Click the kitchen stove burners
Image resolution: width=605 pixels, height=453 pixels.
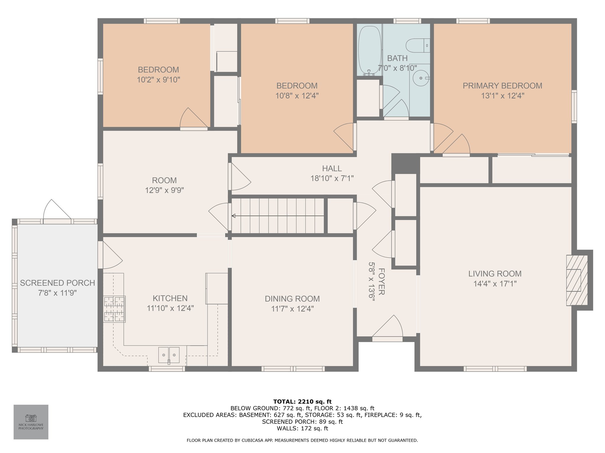click(x=114, y=309)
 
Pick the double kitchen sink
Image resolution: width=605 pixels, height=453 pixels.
click(x=169, y=355)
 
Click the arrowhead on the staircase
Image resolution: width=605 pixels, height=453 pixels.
click(x=233, y=216)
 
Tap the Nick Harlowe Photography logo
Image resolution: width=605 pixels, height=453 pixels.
click(x=31, y=422)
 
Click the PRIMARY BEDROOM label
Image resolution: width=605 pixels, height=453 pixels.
click(x=502, y=86)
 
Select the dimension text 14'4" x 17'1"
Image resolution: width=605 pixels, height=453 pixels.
click(x=495, y=284)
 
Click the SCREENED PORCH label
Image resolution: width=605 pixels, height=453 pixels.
click(x=58, y=283)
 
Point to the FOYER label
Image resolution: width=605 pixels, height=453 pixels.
click(x=381, y=281)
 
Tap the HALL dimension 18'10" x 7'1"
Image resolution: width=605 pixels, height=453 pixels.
click(x=332, y=178)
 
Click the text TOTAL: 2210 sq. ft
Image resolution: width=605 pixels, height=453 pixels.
click(x=302, y=401)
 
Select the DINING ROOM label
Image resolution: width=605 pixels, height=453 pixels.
click(x=292, y=299)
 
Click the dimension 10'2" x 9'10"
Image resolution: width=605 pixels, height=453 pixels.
click(x=158, y=80)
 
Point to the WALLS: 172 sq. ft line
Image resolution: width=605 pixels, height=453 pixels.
click(x=302, y=429)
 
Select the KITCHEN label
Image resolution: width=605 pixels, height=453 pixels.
click(x=170, y=298)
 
